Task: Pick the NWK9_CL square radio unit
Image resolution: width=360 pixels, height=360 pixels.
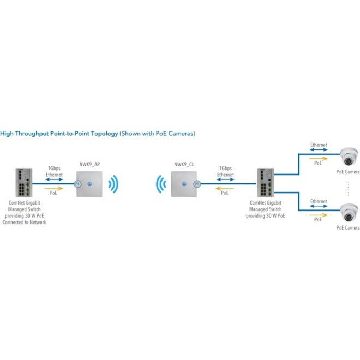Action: [x=182, y=185]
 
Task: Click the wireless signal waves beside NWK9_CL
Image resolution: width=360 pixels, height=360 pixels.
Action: [x=159, y=185]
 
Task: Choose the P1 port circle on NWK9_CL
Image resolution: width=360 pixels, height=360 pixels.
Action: [x=195, y=185]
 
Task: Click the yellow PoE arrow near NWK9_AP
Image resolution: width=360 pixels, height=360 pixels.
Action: [x=55, y=187]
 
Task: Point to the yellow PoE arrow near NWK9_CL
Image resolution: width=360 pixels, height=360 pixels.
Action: [x=225, y=187]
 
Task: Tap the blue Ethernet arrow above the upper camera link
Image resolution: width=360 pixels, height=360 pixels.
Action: [x=319, y=151]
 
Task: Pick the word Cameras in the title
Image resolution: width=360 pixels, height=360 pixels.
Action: [x=179, y=133]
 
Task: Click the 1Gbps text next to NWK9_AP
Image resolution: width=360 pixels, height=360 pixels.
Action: [x=55, y=169]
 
